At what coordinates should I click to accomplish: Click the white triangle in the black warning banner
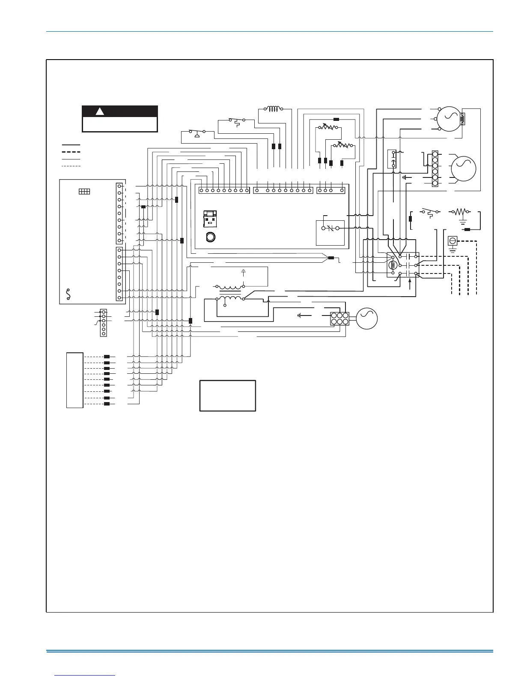tap(100, 111)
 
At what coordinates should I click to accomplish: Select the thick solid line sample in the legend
tap(71, 145)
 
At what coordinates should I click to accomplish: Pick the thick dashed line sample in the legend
tap(71, 152)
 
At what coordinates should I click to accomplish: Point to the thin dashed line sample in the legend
tap(71, 165)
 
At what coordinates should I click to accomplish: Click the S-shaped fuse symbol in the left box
tap(68, 293)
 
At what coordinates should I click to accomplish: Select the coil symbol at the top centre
tap(273, 109)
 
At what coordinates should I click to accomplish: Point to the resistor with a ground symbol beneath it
tap(460, 212)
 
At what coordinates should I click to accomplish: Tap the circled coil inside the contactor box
tap(393, 265)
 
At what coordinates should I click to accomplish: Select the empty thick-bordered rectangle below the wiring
tap(228, 396)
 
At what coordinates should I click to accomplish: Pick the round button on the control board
tap(210, 237)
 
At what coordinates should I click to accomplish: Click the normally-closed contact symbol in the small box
tap(330, 228)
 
